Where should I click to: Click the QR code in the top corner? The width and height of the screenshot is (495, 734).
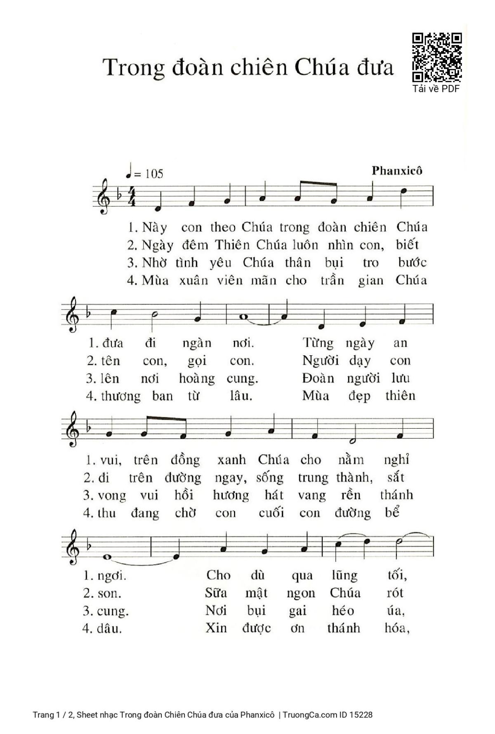pyautogui.click(x=437, y=57)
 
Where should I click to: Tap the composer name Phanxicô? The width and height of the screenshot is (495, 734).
pyautogui.click(x=397, y=171)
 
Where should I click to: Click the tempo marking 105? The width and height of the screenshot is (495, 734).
pyautogui.click(x=154, y=174)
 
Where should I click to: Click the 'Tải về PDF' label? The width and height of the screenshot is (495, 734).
pyautogui.click(x=436, y=89)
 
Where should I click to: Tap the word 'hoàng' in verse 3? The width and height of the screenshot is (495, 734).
pyautogui.click(x=197, y=379)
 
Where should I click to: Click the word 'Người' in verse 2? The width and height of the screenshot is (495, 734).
pyautogui.click(x=320, y=361)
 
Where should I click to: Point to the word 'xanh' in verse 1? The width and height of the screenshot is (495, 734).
pyautogui.click(x=231, y=460)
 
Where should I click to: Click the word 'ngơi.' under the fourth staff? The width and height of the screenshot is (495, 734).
pyautogui.click(x=111, y=576)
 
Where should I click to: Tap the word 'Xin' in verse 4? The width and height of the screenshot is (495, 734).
pyautogui.click(x=216, y=628)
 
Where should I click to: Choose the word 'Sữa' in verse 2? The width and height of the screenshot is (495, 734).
pyautogui.click(x=216, y=593)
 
